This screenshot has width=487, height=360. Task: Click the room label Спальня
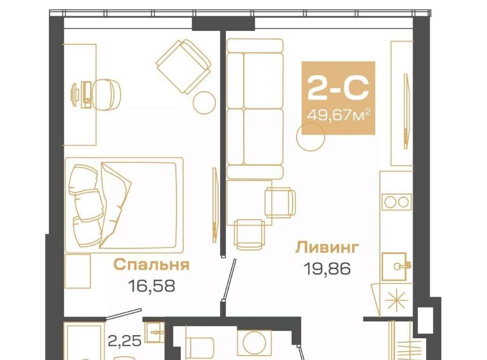(x=152, y=265)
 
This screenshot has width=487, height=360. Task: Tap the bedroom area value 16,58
(x=152, y=285)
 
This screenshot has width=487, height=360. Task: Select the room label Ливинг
(x=327, y=248)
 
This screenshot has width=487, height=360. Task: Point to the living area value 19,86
(x=327, y=268)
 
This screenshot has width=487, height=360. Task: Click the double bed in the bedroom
(x=124, y=205)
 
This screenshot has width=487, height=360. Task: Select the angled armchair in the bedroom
(x=184, y=66)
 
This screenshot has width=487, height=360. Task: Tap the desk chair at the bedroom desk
(x=107, y=94)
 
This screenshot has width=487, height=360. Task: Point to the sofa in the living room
(x=255, y=109)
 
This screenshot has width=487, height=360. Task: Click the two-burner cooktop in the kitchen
(x=396, y=202)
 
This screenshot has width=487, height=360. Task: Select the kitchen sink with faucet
(x=395, y=266)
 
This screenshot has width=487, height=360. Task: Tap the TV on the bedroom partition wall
(x=214, y=205)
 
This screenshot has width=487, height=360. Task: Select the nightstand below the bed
(x=78, y=271)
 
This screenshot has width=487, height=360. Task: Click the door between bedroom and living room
(x=229, y=279)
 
